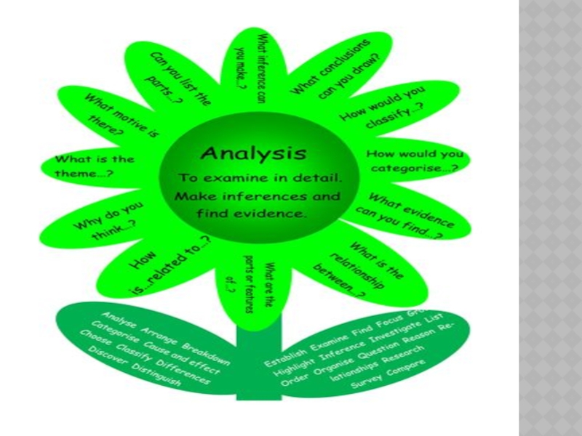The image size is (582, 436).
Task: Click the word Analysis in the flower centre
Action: pyautogui.click(x=252, y=154)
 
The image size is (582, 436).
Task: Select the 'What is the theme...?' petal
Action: pyautogui.click(x=85, y=166)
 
